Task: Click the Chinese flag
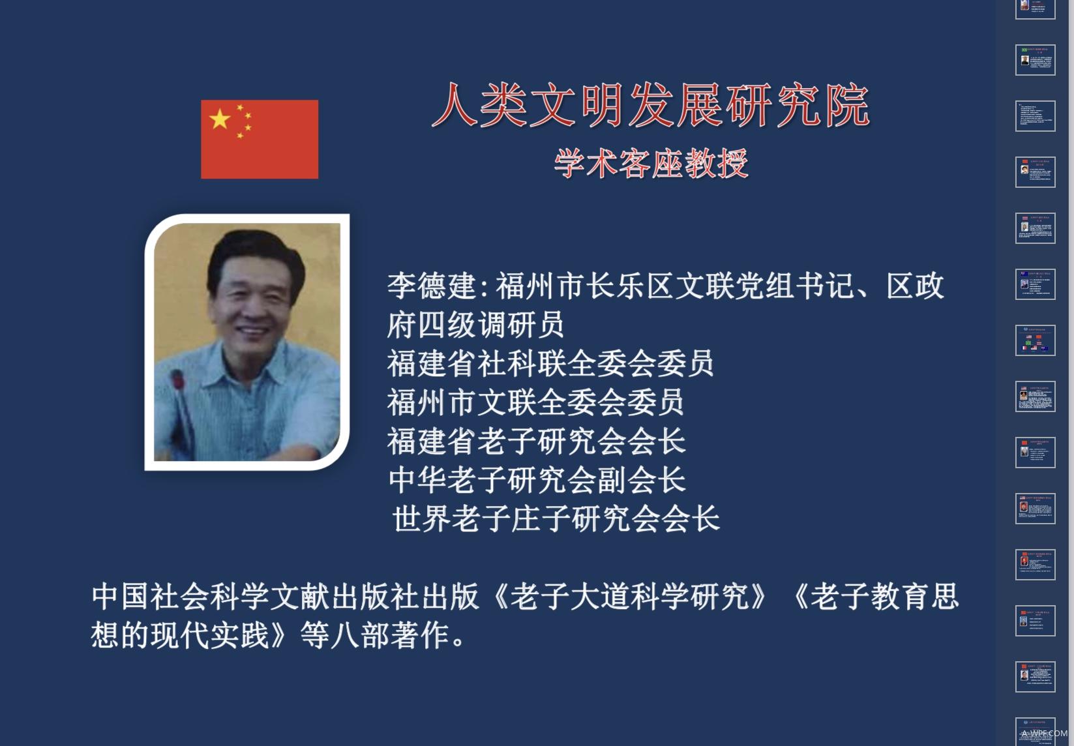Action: [260, 139]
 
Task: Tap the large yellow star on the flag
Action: [220, 119]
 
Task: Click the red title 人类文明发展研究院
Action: [651, 105]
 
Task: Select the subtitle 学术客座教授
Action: [651, 163]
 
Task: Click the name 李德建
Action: [432, 286]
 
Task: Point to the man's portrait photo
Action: [247, 342]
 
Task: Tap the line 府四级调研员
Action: [475, 325]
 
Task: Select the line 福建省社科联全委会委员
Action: [550, 363]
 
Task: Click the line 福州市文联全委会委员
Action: [535, 402]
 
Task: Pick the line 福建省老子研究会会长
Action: [536, 441]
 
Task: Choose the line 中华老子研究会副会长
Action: [537, 480]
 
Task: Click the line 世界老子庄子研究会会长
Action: [556, 519]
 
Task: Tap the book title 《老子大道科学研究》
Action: [629, 597]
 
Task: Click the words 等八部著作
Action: [376, 635]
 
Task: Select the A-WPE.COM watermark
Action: [1044, 734]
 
